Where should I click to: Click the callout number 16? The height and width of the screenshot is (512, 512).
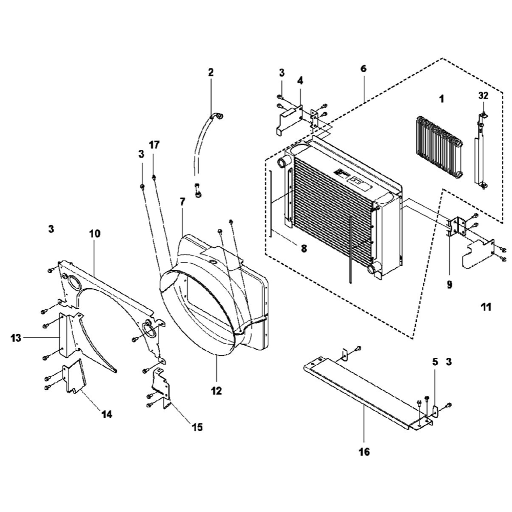click(x=364, y=452)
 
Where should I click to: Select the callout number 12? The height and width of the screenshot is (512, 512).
click(x=216, y=391)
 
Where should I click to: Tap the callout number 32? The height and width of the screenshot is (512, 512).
click(x=483, y=95)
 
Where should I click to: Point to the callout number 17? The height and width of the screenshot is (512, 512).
click(x=154, y=145)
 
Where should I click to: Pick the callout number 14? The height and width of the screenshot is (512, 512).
click(x=106, y=414)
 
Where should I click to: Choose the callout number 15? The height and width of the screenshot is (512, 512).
click(x=197, y=426)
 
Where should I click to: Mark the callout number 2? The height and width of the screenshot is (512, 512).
click(x=210, y=72)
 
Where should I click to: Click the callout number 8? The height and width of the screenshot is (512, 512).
click(x=304, y=249)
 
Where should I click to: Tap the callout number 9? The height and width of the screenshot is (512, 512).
click(x=449, y=285)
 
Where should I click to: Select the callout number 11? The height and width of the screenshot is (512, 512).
click(x=485, y=307)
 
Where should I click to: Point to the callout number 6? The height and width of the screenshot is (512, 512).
click(x=364, y=69)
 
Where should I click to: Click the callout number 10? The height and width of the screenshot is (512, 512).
click(x=95, y=233)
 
